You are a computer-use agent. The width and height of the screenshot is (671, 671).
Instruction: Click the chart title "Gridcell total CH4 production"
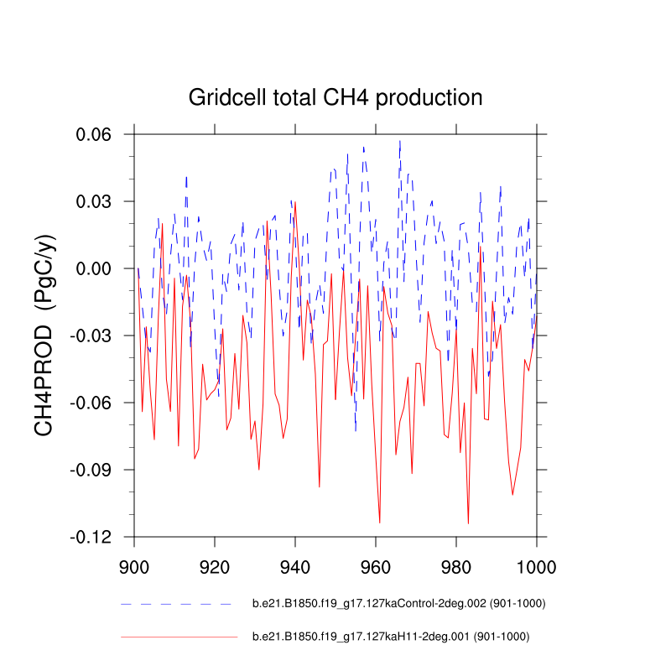coord(335,97)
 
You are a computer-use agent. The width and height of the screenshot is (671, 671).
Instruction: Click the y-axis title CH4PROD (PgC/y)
coord(45,335)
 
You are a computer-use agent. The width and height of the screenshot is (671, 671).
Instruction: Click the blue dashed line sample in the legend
coord(176,604)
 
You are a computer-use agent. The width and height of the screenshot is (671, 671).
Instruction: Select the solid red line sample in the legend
coord(179,637)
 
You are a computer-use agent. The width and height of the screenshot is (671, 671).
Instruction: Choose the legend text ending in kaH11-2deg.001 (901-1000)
coord(391,637)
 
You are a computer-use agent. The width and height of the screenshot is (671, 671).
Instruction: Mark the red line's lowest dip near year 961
coord(380,523)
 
